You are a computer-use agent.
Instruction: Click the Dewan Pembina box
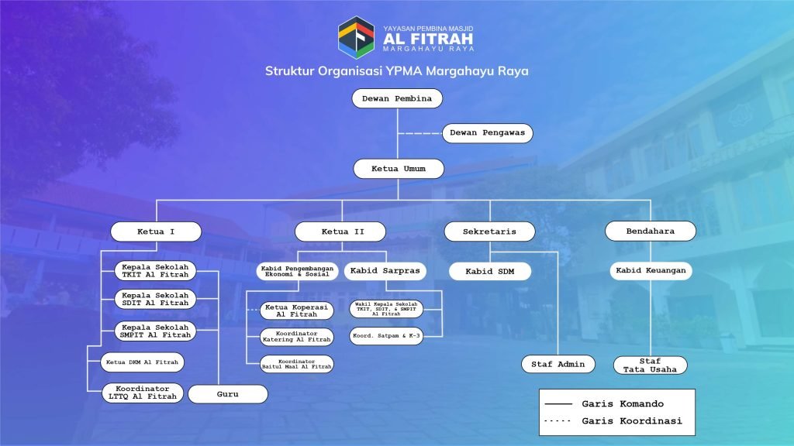click(x=397, y=98)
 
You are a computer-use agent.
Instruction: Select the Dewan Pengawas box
click(x=487, y=133)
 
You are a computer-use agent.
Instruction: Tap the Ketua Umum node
click(x=399, y=169)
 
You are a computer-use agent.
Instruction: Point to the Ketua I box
click(x=156, y=232)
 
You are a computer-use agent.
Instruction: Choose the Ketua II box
click(x=340, y=232)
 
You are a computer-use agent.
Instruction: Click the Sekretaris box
click(x=489, y=232)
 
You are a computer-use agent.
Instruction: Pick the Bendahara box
click(x=651, y=231)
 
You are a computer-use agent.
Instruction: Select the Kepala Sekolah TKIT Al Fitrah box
click(x=155, y=271)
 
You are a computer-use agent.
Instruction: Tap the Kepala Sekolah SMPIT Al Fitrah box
click(x=155, y=331)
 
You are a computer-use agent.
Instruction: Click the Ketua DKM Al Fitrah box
click(x=143, y=362)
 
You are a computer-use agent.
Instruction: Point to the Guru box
click(x=228, y=394)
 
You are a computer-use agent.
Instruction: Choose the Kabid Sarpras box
click(x=385, y=271)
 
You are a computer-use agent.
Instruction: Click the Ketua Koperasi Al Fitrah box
click(x=297, y=310)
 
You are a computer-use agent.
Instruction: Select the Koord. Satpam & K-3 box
click(x=386, y=336)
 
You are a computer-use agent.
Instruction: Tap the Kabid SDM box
click(x=490, y=272)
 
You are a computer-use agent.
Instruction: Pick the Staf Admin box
click(x=558, y=364)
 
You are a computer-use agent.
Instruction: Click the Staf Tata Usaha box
click(x=651, y=365)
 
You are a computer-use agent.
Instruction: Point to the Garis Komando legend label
click(x=623, y=403)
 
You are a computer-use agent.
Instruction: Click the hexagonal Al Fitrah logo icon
click(x=357, y=38)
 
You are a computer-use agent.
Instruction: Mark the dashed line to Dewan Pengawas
click(x=419, y=133)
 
